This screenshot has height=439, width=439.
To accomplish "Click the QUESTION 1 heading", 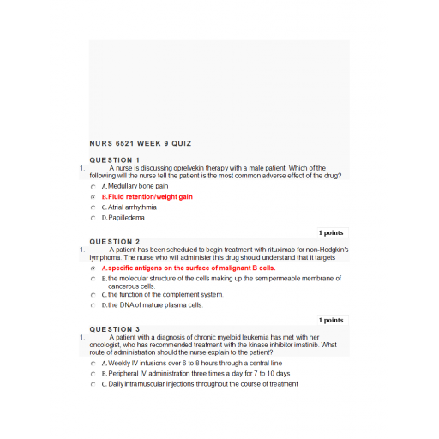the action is tap(115, 160).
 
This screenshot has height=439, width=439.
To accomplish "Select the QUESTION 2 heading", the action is tap(115, 242).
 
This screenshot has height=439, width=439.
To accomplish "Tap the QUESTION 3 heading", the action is tap(115, 329).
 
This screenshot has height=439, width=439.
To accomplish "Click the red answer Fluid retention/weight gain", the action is tap(147, 196).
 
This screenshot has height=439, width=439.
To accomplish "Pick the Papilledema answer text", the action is tap(126, 218).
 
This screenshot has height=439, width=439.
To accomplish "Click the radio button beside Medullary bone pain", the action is tap(93, 186).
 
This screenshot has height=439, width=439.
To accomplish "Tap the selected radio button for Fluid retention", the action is tap(93, 196).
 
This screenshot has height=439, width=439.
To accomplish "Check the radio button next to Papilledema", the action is tap(93, 218).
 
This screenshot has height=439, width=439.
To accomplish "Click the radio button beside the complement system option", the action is tap(93, 295).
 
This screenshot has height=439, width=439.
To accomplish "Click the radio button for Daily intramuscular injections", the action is tap(93, 384).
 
